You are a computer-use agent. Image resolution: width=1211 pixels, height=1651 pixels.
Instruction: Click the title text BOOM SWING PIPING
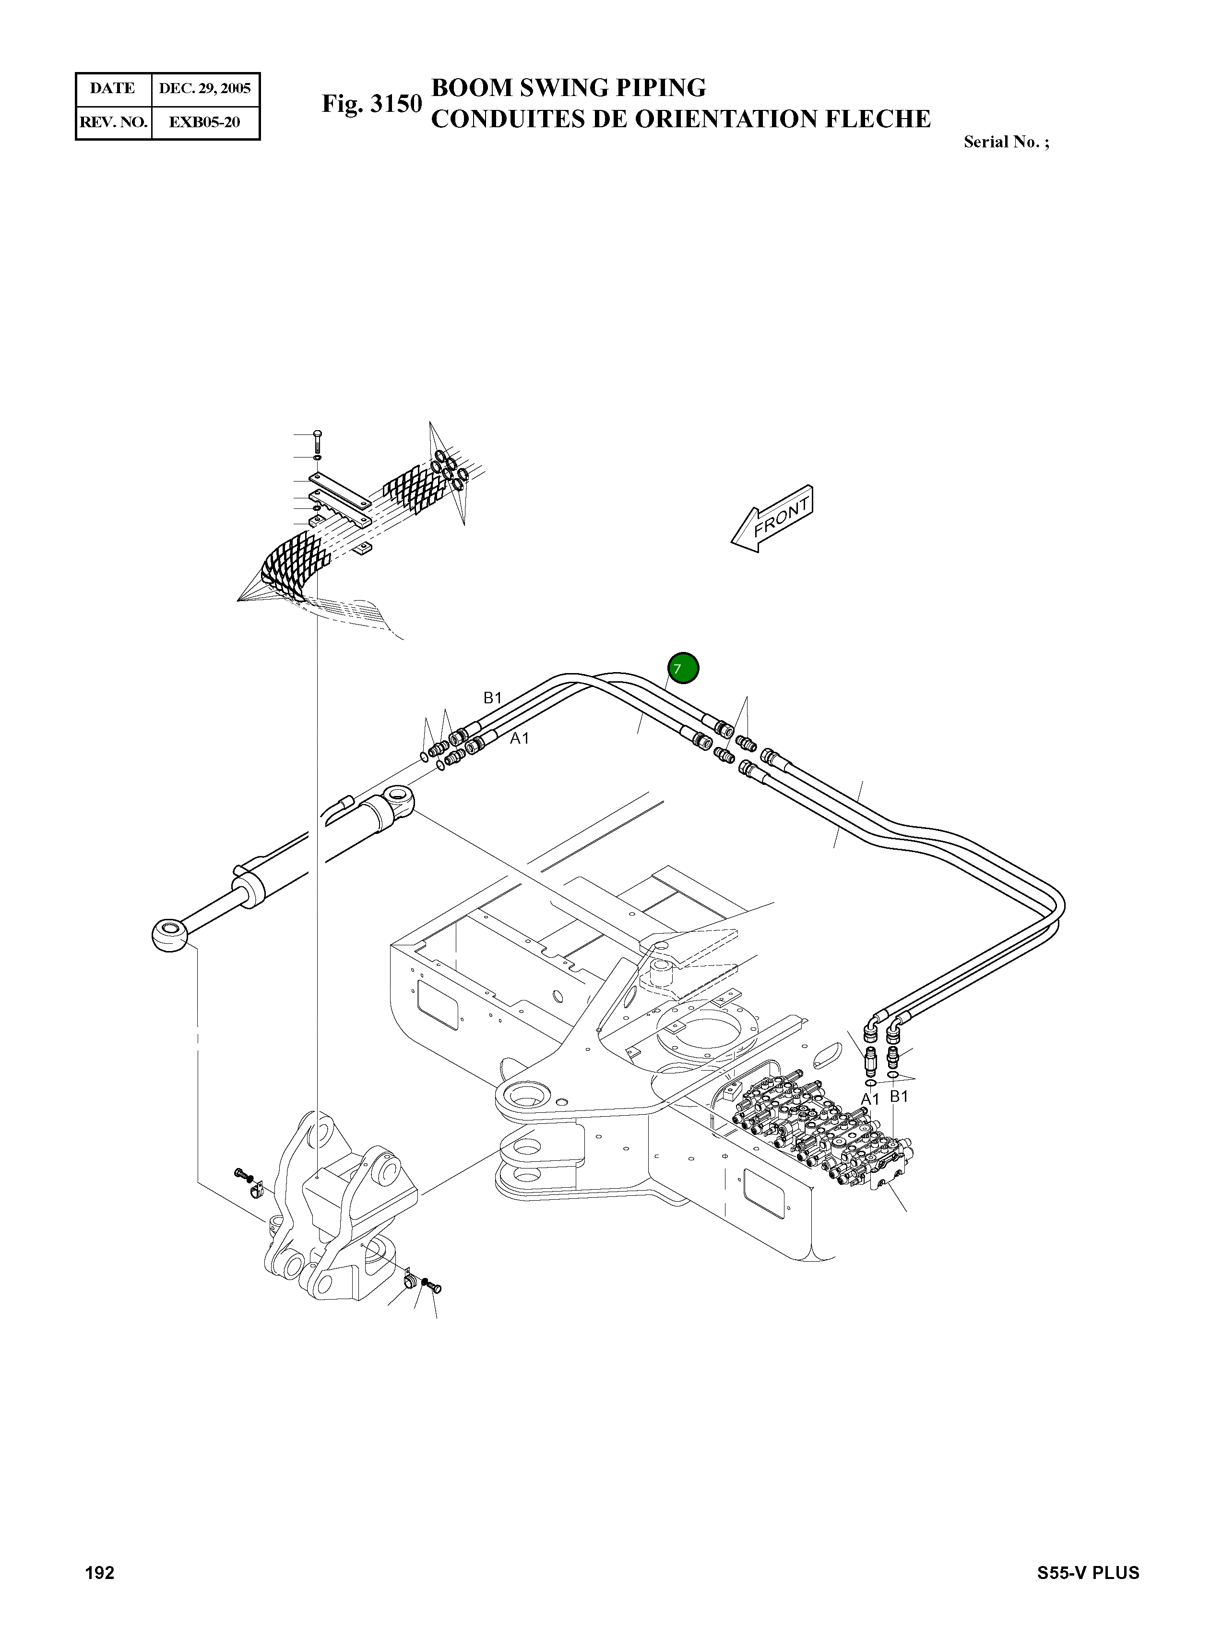point(568,87)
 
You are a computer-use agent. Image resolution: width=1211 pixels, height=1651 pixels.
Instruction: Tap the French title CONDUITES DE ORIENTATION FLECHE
point(680,119)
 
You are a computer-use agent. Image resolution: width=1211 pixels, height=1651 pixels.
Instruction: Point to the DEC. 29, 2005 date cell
point(205,89)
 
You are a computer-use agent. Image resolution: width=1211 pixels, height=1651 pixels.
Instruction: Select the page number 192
point(100,1573)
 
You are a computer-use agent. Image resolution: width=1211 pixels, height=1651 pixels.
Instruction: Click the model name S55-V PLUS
point(1088,1573)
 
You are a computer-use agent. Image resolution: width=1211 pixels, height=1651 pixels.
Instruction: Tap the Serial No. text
point(1006,142)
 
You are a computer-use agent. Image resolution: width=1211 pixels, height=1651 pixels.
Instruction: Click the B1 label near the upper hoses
point(492,698)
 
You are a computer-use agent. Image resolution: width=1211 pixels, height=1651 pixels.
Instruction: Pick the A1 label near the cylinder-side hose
point(519,738)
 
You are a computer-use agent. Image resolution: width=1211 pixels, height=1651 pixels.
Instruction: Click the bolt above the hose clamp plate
point(317,441)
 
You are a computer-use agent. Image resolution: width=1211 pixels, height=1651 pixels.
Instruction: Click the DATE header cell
point(113,89)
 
